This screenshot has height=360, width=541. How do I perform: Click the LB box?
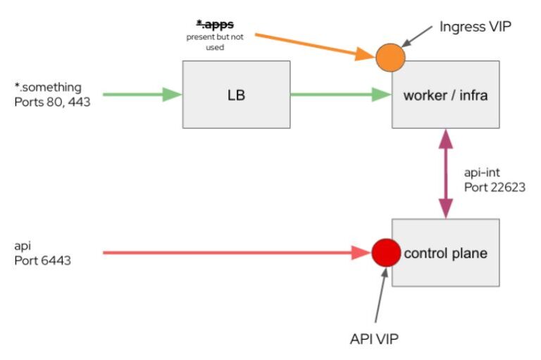[x=236, y=94]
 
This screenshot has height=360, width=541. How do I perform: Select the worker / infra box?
[x=444, y=94]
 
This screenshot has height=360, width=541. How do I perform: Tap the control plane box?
[x=444, y=253]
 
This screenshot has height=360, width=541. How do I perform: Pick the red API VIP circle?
[x=385, y=252]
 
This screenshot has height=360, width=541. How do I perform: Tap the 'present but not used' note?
[x=215, y=42]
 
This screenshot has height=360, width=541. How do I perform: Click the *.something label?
[x=48, y=87]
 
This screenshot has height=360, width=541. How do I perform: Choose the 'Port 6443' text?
[x=43, y=260]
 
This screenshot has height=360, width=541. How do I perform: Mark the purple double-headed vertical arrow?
[x=445, y=173]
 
